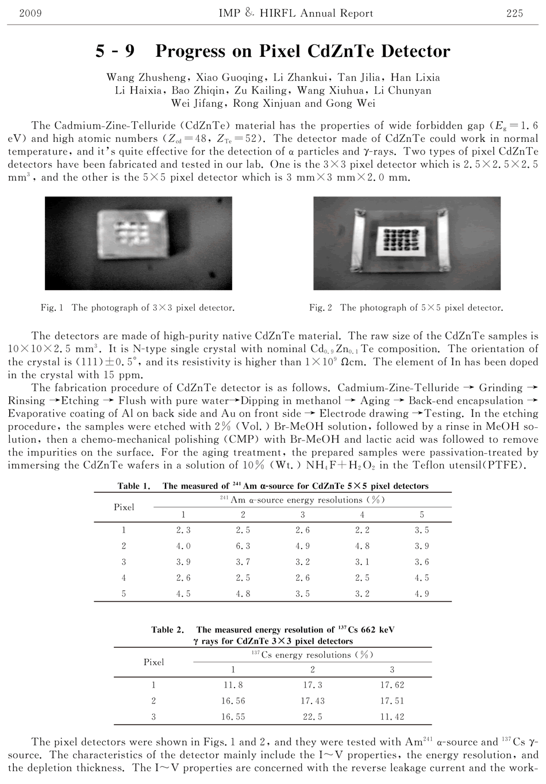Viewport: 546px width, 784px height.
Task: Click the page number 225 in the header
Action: coord(514,13)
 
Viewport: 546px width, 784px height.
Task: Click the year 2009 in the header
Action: coord(30,13)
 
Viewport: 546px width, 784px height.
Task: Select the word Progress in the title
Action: coord(189,52)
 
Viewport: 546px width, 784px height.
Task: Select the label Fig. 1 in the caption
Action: coord(52,308)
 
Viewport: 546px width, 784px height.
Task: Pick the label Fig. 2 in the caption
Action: coord(321,308)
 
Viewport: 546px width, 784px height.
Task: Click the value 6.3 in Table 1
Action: coord(243,546)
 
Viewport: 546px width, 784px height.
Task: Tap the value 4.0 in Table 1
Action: coord(183,546)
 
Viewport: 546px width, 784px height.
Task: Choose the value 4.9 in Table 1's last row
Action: coord(422,594)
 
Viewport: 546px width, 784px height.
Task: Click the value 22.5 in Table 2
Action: coord(313,717)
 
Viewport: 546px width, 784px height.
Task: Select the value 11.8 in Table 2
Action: coord(233,685)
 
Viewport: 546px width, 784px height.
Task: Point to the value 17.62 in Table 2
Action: coord(392,685)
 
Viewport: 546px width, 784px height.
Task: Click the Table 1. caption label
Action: coord(134,486)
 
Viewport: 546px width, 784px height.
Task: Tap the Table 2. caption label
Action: coord(168,629)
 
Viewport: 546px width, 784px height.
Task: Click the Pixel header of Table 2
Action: coord(154,662)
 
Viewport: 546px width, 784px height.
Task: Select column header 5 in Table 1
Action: coord(422,515)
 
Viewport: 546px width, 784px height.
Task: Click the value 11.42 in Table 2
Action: coord(392,717)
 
